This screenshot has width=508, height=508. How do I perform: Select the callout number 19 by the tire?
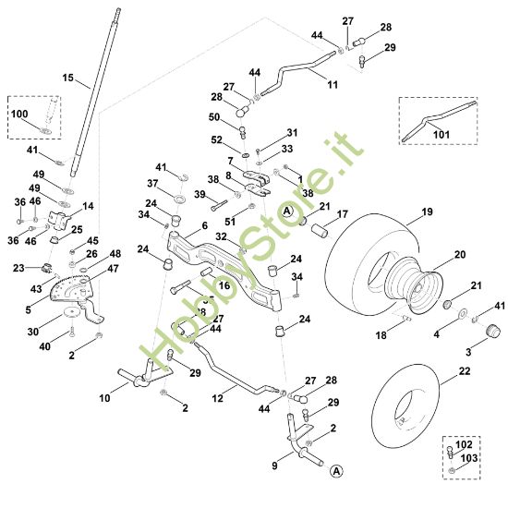[426, 212]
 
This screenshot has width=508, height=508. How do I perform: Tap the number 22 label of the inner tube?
[463, 371]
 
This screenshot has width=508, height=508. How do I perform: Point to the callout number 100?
[20, 114]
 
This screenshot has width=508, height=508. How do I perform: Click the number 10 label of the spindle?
[103, 398]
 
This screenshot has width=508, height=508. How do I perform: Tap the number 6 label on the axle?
[204, 225]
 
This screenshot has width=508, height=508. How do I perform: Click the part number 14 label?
[89, 206]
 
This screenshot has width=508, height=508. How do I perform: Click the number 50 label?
[213, 117]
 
